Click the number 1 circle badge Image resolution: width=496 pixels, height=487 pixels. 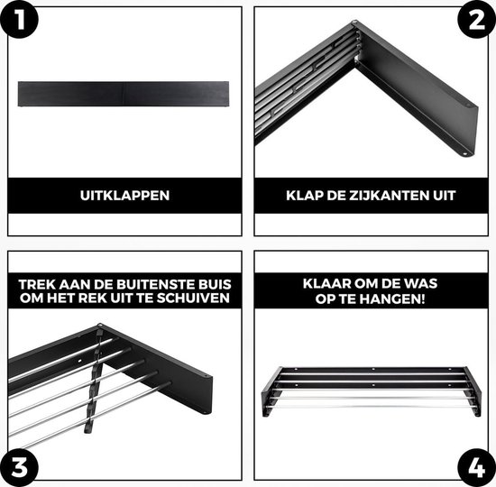point(19,21)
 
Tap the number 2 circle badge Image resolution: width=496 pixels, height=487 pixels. point(476,21)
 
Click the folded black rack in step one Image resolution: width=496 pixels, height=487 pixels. point(125,94)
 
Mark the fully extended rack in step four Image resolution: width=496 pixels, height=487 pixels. point(371,390)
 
